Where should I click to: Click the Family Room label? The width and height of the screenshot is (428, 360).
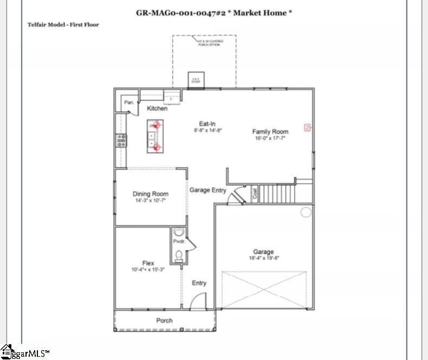[270, 132]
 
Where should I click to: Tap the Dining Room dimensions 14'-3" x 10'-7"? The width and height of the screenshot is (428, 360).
[151, 201]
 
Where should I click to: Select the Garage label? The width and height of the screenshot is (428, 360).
[263, 252]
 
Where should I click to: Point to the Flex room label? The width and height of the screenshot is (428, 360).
[148, 263]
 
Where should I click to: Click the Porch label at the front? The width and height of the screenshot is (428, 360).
[164, 320]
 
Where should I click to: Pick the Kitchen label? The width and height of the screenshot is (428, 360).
[157, 108]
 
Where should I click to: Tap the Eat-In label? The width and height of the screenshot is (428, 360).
[207, 124]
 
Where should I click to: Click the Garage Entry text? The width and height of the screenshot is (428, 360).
[207, 190]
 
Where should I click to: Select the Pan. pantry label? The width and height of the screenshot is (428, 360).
[129, 102]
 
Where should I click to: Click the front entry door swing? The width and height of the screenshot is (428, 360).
[199, 300]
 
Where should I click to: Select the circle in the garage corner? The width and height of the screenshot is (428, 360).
[306, 211]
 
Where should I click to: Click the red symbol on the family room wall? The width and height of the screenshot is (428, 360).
[307, 128]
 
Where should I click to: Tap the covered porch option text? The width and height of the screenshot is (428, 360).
[209, 42]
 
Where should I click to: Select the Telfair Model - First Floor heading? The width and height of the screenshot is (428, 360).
[63, 25]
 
